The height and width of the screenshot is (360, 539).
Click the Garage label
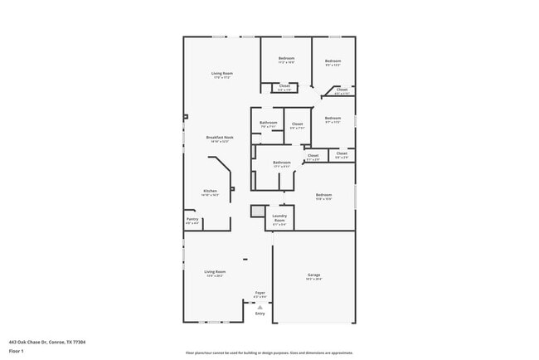(314, 275)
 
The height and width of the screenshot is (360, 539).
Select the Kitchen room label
(211, 191)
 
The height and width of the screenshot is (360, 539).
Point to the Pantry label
(192, 220)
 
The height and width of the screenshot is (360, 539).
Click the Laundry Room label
(279, 216)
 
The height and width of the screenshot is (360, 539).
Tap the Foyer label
(260, 293)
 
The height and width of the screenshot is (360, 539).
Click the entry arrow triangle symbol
(260, 306)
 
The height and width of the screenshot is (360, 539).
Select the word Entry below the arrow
(260, 314)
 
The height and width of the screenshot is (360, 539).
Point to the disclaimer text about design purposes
(269, 352)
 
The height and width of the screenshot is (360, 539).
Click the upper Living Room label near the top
(222, 73)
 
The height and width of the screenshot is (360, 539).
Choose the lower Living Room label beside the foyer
(216, 271)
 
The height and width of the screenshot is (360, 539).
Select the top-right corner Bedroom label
(333, 61)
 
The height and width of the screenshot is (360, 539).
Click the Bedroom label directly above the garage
(323, 195)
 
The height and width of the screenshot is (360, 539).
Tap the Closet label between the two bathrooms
(297, 124)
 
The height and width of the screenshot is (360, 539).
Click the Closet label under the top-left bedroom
(284, 85)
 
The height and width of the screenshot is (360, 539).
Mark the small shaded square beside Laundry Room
(257, 211)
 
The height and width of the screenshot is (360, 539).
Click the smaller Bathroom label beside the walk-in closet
(268, 123)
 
